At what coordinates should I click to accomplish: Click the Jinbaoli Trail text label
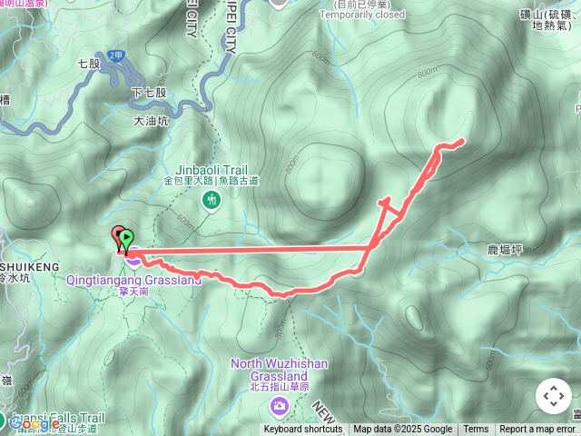211,169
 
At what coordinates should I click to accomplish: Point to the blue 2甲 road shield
115,55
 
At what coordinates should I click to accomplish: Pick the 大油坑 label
151,119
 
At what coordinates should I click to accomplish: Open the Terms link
476,430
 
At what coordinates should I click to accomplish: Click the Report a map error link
539,430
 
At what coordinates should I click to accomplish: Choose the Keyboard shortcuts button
303,430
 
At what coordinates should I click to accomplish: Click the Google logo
34,423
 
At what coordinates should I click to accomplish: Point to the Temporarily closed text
363,15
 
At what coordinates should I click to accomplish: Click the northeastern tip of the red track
464,140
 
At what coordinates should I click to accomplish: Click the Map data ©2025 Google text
402,430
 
